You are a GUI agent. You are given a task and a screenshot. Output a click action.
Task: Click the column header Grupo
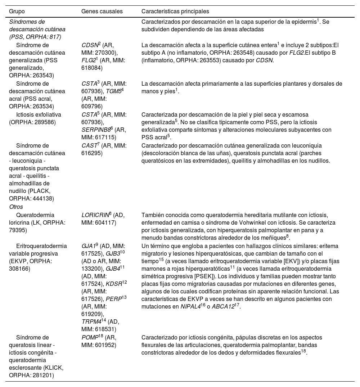[x=17, y=12]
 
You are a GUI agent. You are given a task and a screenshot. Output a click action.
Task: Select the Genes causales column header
[x=102, y=12]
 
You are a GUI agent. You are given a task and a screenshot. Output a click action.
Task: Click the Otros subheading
[x=16, y=207]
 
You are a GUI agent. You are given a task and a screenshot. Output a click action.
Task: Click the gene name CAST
[x=89, y=146]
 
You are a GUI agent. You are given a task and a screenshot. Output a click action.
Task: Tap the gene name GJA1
[x=89, y=246]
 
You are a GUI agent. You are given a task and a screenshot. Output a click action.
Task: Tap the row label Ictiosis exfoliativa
[x=39, y=115]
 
